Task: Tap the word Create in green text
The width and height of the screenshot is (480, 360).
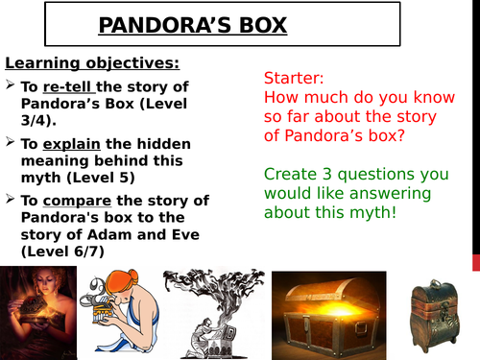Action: tap(289, 176)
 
